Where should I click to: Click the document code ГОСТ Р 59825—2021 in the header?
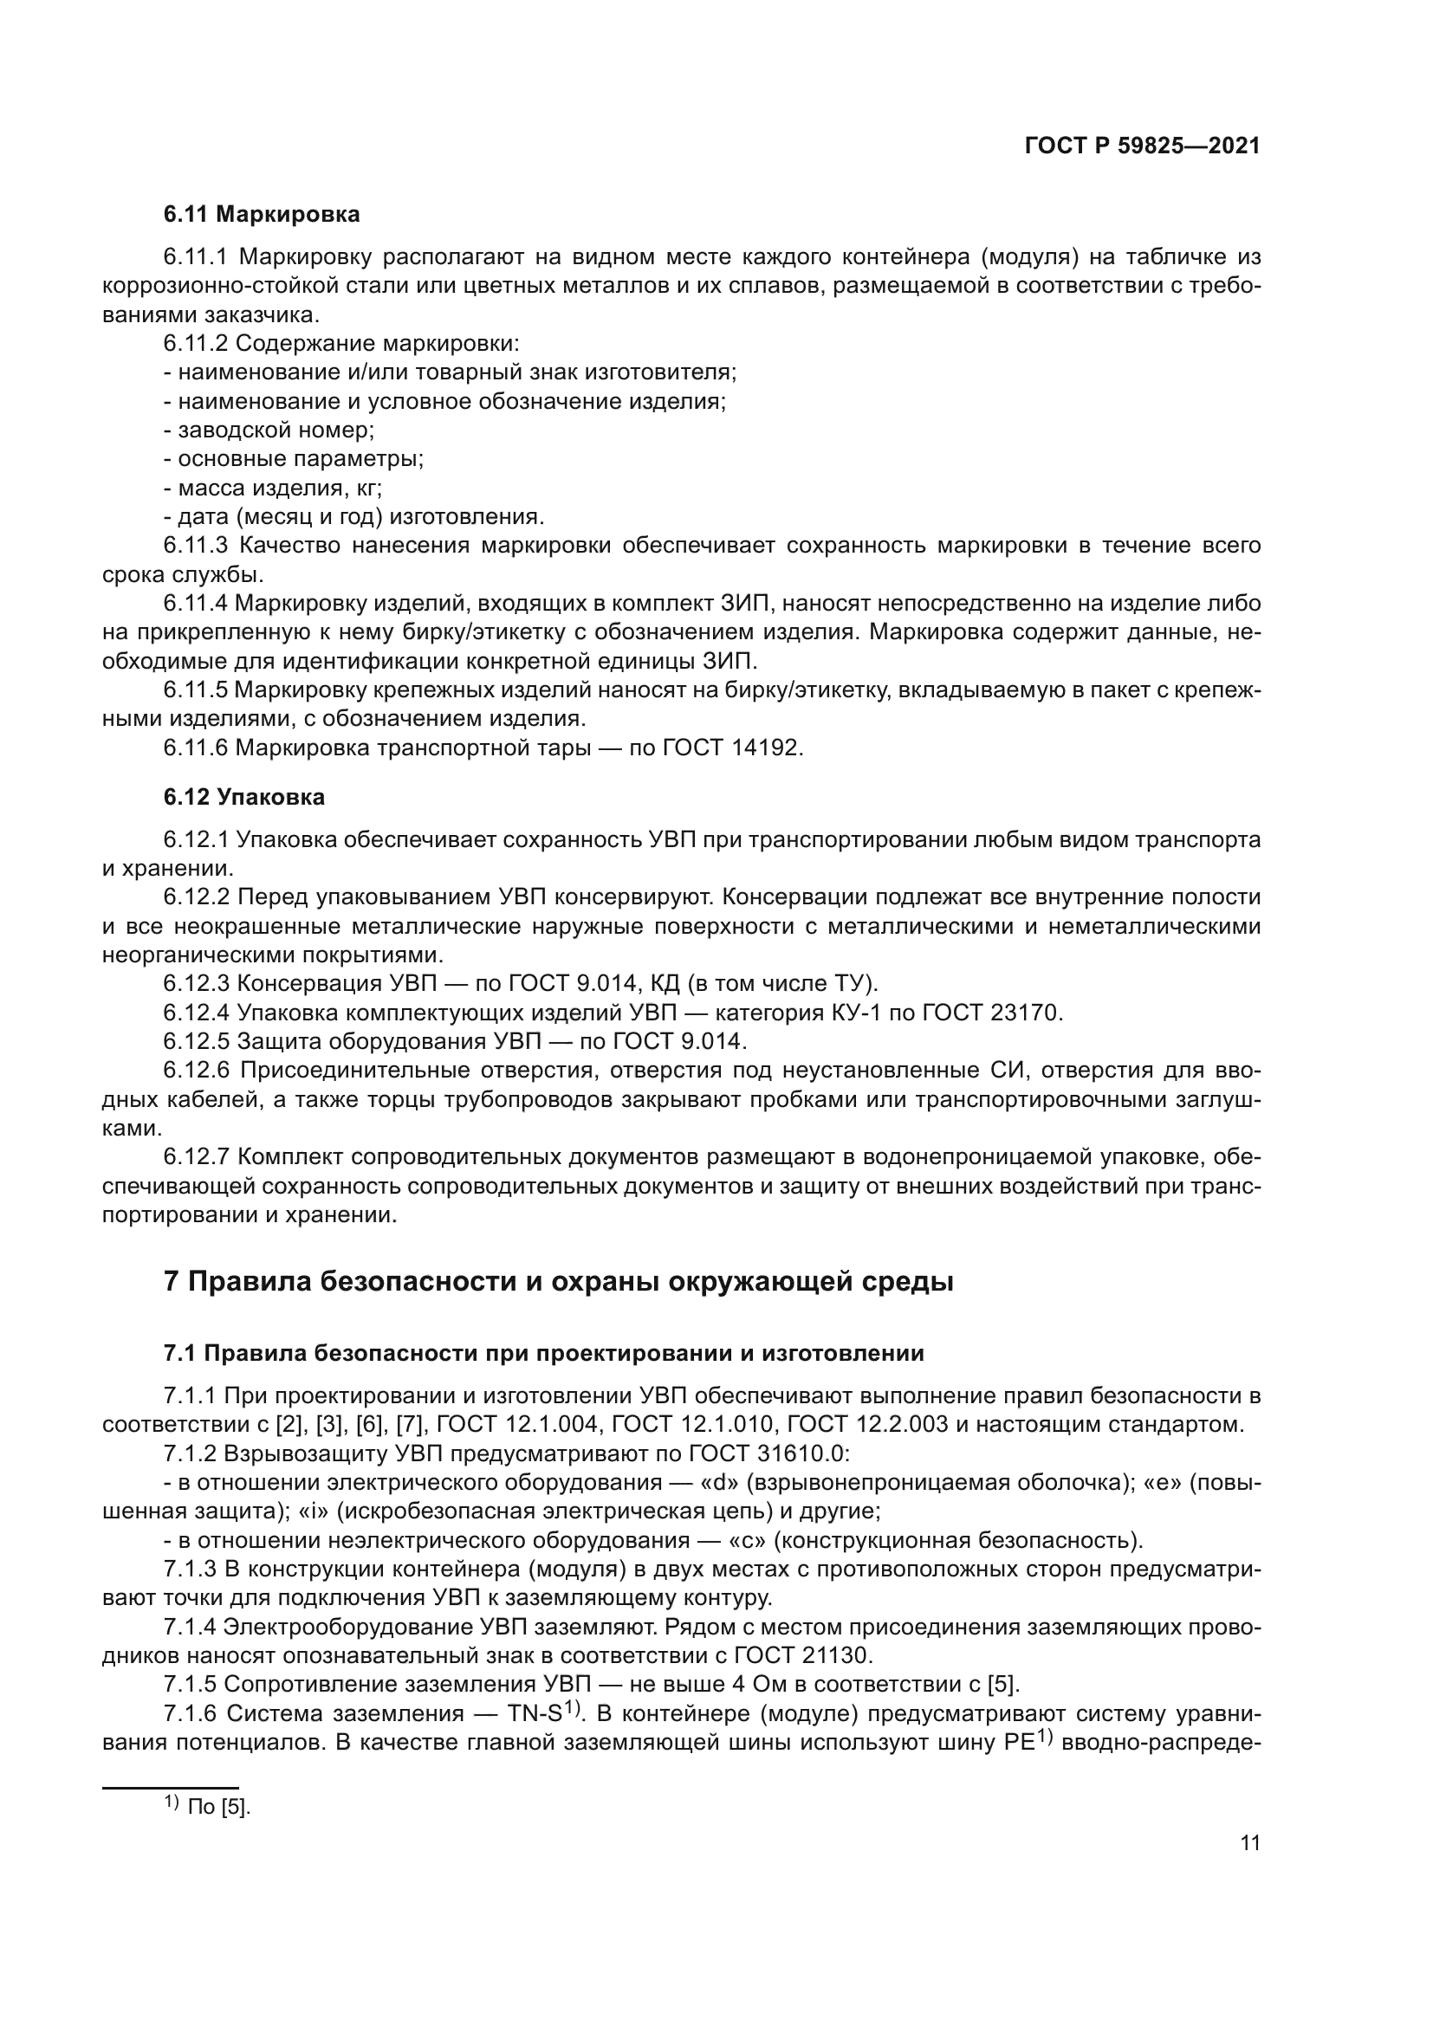pos(1142,146)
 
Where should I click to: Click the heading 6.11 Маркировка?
pos(261,215)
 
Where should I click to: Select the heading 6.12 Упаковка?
pos(243,797)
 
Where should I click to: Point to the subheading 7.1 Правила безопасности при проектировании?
pos(543,1354)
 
